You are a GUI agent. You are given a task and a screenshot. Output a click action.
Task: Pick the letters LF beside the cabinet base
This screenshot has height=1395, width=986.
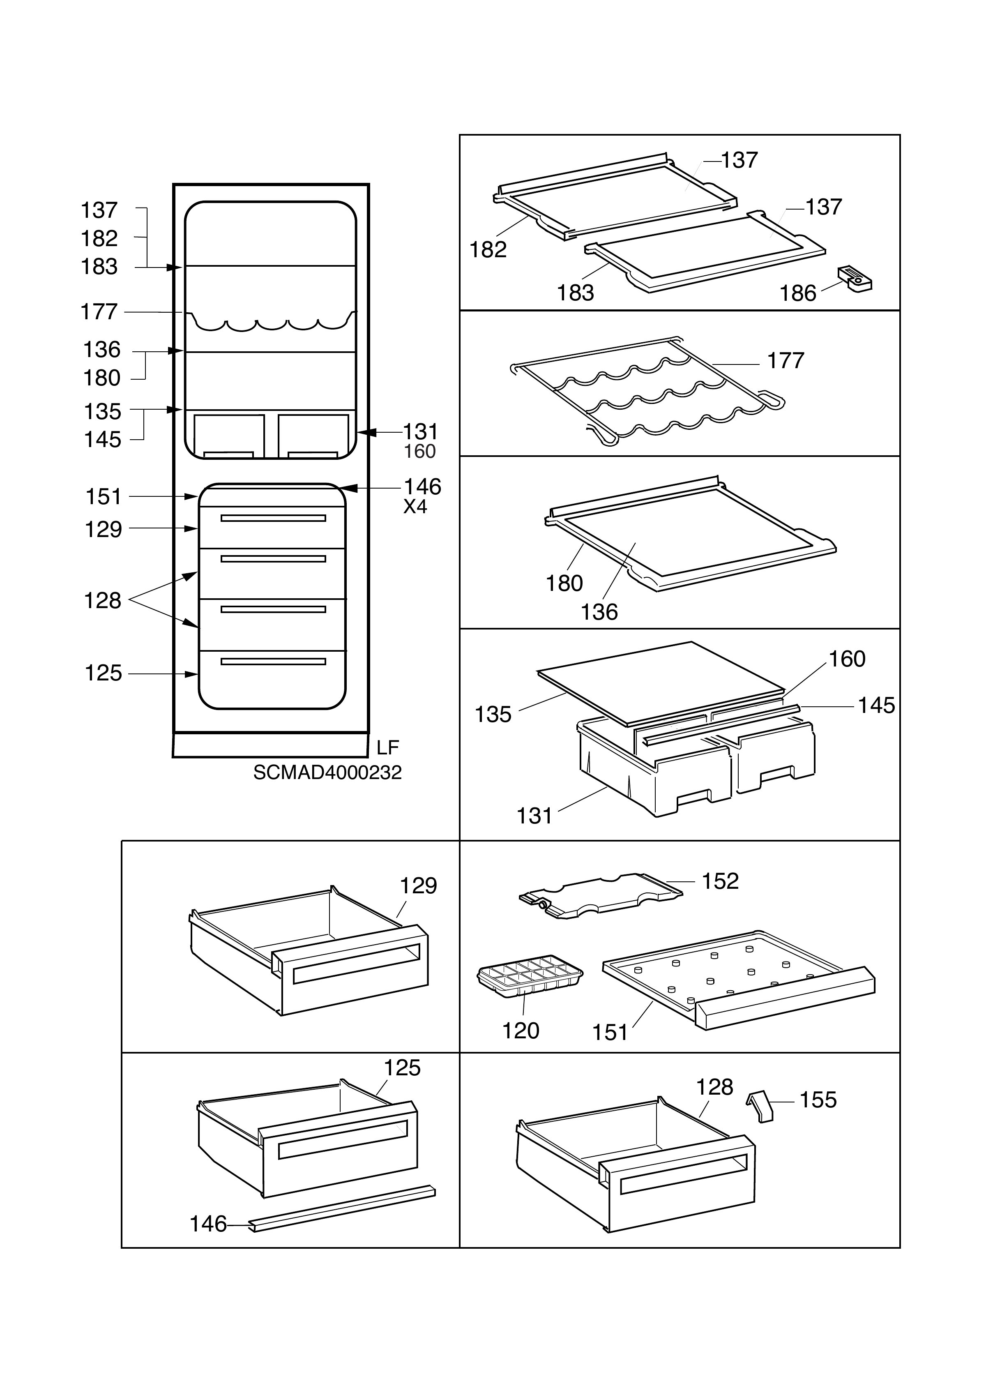pos(387,747)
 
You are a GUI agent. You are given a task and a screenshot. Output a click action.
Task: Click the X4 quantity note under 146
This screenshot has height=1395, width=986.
pos(415,507)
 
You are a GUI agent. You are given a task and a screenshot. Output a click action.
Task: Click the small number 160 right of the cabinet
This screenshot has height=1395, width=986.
pos(420,452)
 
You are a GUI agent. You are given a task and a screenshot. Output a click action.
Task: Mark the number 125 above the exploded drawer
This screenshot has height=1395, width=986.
pos(402,1068)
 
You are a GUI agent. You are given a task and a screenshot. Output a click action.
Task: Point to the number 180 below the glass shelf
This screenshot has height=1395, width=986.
pos(564,583)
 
